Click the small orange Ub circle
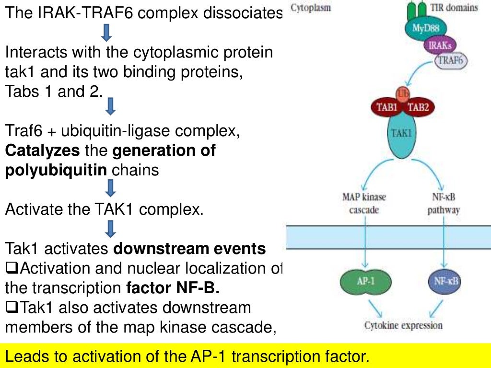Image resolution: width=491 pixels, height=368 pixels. [402, 93]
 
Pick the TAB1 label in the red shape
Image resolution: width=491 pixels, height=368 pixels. [387, 107]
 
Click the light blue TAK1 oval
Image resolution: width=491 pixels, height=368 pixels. [401, 134]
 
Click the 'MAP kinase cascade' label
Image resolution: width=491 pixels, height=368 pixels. [364, 203]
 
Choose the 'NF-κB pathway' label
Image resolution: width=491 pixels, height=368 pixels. [444, 203]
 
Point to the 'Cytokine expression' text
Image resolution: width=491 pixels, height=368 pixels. [403, 326]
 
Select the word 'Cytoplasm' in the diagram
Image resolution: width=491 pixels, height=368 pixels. [311, 9]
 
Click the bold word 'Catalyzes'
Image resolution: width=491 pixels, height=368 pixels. [42, 150]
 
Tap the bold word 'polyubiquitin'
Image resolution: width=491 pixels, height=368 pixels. [56, 170]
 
